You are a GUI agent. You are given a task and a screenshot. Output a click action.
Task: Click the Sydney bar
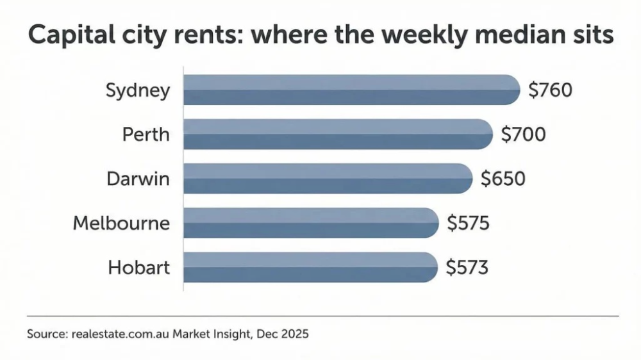pos(351,90)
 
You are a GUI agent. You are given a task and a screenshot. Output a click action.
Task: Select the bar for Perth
pos(338,134)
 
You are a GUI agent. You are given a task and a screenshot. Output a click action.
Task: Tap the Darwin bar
pos(328,178)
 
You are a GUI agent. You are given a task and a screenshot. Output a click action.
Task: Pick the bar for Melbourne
pos(311,223)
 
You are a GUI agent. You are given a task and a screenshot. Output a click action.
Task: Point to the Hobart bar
pos(310,266)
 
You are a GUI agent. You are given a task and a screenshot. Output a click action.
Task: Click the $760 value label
pos(550,90)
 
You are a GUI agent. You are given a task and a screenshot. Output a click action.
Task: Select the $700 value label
pos(523,135)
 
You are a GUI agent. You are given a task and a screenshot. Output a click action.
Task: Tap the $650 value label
pos(503,179)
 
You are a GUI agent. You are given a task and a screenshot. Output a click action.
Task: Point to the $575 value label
pos(468,223)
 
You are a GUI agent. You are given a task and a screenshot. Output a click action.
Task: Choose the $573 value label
pos(467,267)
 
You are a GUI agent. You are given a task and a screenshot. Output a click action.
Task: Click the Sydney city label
pos(138,90)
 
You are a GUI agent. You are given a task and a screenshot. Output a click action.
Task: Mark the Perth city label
pos(146,135)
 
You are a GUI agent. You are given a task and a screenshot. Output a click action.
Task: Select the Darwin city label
pos(138,179)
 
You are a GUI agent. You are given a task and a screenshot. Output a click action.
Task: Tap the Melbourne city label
pos(121,223)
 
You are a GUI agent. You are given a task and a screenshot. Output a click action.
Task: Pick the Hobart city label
pos(138,267)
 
